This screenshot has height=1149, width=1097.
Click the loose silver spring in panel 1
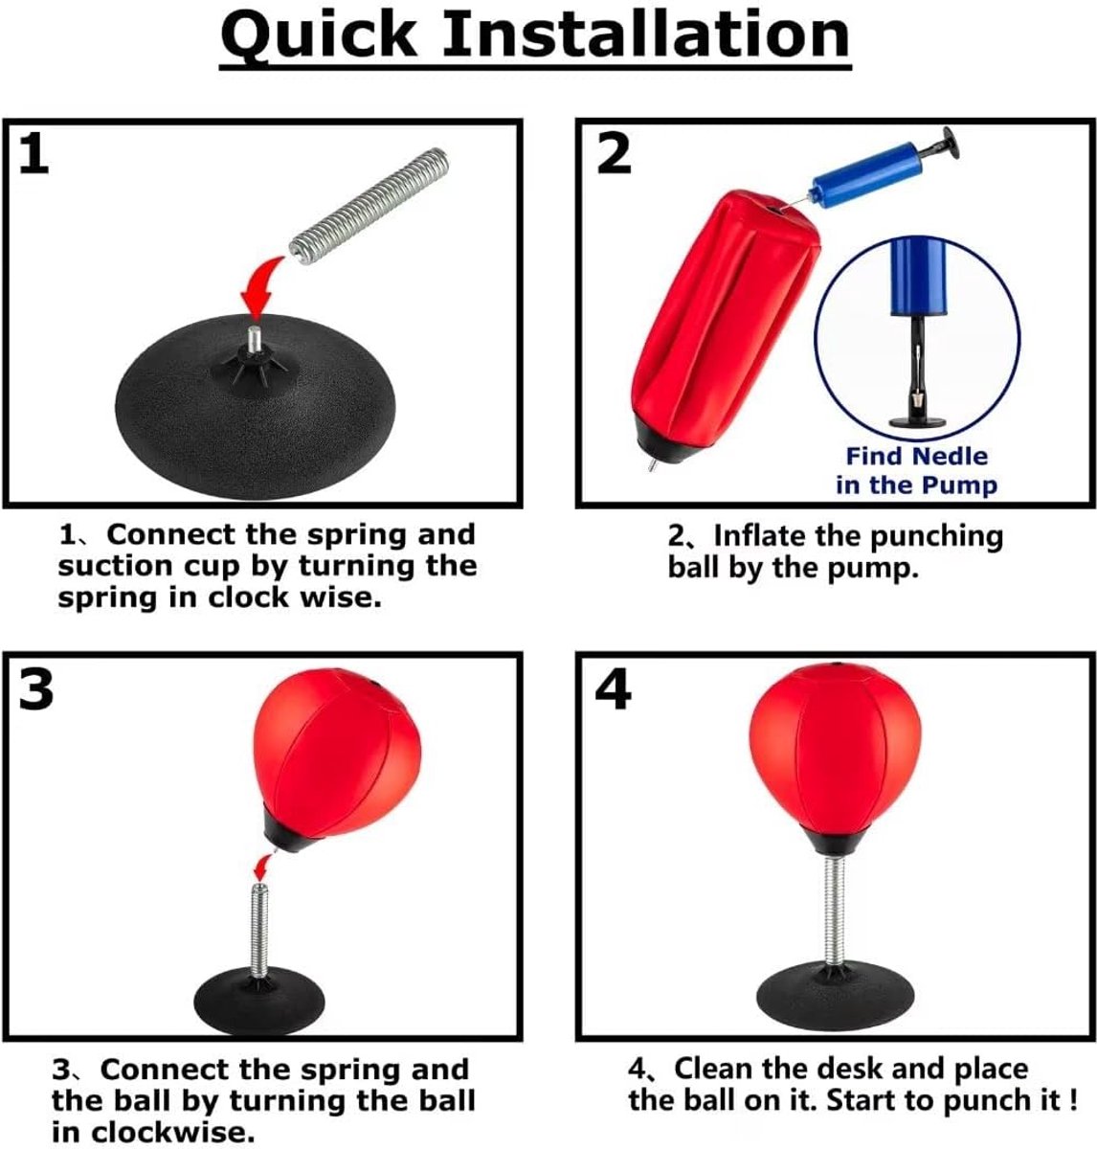[x=369, y=207]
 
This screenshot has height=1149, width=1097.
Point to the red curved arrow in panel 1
[x=259, y=289]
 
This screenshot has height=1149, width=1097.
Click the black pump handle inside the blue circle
[x=917, y=372]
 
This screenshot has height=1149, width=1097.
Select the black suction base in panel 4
[x=835, y=998]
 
